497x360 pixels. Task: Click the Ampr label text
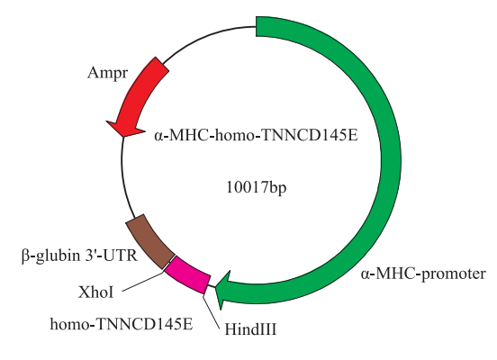point(107,73)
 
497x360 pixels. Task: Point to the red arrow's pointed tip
point(122,137)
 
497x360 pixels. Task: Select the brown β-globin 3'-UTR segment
point(149,241)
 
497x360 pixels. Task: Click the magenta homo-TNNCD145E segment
point(187,274)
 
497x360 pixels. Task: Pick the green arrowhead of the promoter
point(223,289)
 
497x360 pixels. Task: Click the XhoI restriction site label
point(95,292)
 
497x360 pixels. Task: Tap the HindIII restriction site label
point(250,328)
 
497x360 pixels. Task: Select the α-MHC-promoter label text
point(423,274)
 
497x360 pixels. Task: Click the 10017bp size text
point(256,187)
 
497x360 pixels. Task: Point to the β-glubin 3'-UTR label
point(79,255)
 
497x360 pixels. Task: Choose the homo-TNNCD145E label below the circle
point(122,324)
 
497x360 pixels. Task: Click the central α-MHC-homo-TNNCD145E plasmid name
point(256,136)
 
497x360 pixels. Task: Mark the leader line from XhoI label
point(142,280)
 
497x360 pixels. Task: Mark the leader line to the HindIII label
point(211,311)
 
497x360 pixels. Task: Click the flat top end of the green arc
point(256,26)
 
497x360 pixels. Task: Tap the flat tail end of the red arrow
point(162,63)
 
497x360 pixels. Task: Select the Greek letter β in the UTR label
point(25,256)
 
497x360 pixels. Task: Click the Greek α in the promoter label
point(365,274)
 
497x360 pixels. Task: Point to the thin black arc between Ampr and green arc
point(207,35)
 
